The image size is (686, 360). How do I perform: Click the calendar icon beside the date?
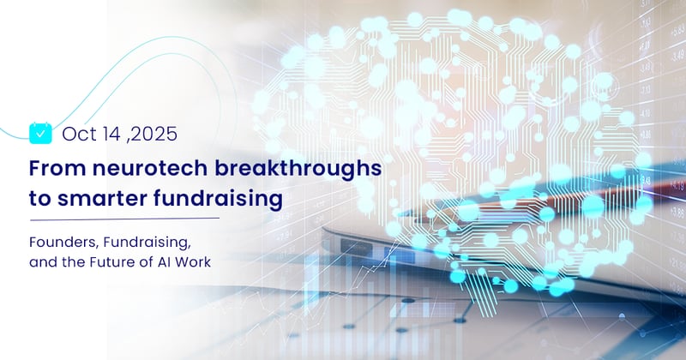pos(40,132)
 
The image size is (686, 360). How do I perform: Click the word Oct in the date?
pos(76,133)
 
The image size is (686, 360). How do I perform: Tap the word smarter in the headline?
pos(104,199)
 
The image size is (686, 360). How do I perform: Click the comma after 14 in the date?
pos(126,138)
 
